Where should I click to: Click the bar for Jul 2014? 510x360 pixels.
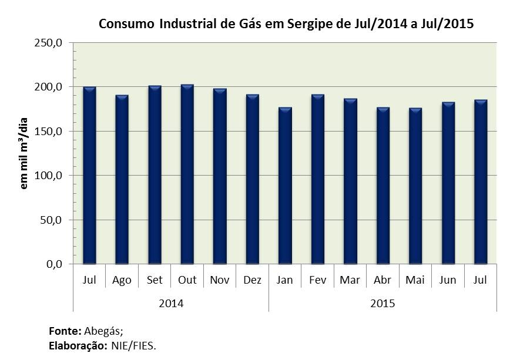point(89,176)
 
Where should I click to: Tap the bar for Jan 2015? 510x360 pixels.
point(285,186)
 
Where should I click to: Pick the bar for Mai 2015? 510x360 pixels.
point(415,186)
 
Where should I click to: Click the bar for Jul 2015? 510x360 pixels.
point(481,182)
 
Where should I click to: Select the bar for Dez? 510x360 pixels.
point(253,179)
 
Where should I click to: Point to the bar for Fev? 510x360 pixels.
point(318,179)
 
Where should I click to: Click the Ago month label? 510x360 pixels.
point(122,280)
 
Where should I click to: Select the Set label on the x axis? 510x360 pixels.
point(155,280)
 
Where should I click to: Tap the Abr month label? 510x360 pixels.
point(382,280)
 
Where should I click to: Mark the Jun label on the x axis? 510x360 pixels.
point(448,280)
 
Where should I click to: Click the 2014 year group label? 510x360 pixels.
point(171,304)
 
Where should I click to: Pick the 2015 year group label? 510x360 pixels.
point(382,304)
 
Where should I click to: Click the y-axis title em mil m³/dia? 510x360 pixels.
point(24,153)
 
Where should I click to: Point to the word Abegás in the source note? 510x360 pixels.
point(104,331)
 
